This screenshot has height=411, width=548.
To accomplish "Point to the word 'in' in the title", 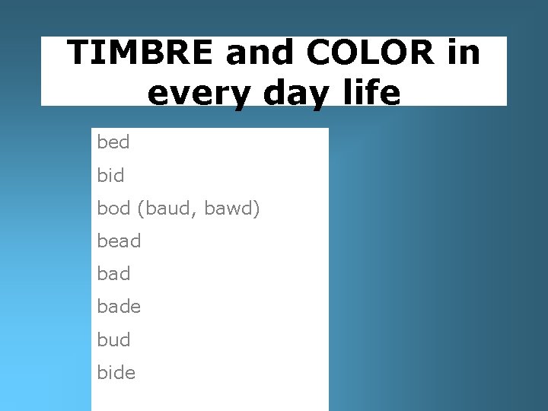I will [464, 53].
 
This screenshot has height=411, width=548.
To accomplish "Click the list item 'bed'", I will [113, 142].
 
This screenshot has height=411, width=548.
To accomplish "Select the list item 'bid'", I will [110, 175].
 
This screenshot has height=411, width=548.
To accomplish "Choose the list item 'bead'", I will [119, 241].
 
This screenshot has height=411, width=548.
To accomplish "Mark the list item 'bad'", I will [113, 274].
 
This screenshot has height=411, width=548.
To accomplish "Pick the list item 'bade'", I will [119, 307].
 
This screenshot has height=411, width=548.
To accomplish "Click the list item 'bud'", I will [113, 339].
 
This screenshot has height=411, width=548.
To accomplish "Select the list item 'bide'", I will [116, 372].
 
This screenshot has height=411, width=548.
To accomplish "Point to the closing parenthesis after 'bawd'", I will [257, 209].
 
